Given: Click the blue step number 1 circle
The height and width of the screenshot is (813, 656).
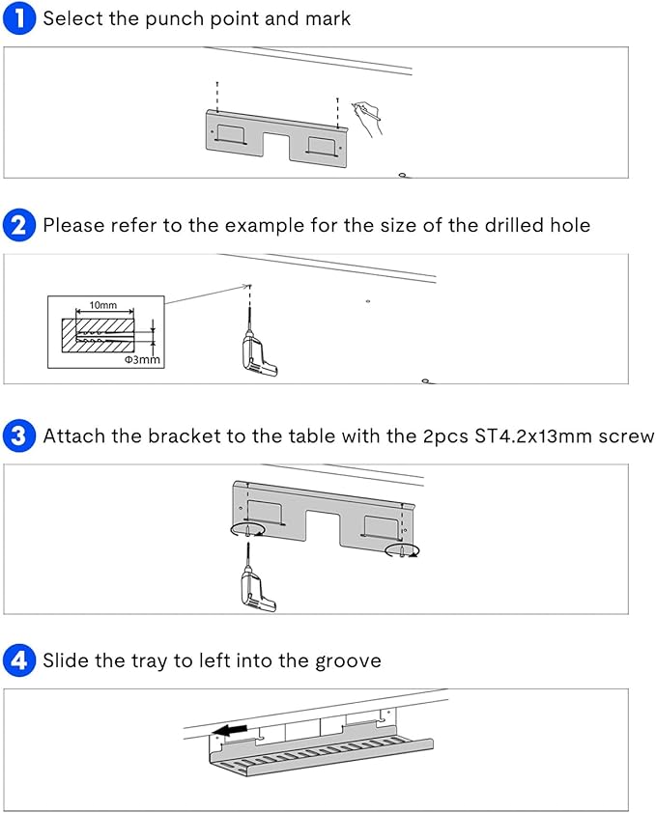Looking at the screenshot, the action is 19,18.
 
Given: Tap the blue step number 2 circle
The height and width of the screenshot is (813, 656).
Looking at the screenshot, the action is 19,225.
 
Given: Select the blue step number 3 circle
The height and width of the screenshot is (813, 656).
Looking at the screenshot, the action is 19,435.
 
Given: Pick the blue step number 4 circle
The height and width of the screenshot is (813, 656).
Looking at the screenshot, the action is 19,660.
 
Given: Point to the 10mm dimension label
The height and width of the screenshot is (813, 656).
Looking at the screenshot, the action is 102,305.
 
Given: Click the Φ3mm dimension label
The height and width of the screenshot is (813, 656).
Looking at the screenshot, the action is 142,360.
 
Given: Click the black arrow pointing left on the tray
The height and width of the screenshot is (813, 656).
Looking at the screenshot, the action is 231,730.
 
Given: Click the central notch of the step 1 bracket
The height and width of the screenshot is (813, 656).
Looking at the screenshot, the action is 276,146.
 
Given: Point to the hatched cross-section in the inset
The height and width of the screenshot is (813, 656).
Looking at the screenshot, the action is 98,335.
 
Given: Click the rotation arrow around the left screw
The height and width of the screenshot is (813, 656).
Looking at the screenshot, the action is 247,530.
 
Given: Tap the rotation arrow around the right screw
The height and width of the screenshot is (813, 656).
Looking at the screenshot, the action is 402,550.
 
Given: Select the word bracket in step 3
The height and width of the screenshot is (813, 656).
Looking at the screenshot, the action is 185,436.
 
